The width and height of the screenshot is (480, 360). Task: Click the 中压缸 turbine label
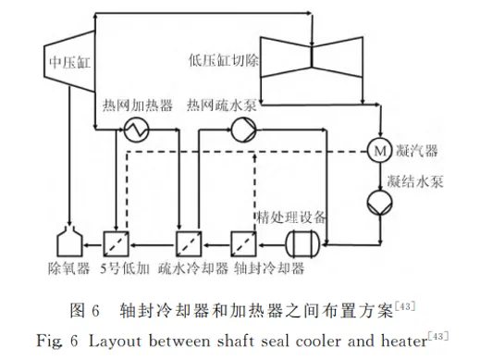click(x=70, y=63)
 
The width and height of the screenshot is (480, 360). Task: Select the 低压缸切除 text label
click(x=224, y=60)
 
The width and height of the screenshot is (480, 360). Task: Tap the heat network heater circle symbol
click(x=136, y=130)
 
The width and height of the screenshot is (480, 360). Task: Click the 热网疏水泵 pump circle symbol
click(x=243, y=130)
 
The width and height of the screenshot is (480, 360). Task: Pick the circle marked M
click(x=379, y=151)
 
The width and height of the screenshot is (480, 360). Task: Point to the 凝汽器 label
click(x=416, y=151)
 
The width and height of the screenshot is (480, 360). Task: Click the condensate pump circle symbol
click(x=380, y=203)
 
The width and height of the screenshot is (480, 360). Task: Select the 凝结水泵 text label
click(x=415, y=181)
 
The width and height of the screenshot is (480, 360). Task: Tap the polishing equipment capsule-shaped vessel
click(x=303, y=244)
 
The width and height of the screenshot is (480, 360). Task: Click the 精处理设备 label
click(x=291, y=217)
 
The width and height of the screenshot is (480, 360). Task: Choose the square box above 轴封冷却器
click(x=243, y=244)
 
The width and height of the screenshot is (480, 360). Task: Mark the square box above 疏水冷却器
click(x=189, y=244)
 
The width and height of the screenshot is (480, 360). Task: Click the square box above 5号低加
click(x=116, y=244)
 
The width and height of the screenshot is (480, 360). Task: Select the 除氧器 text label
click(x=69, y=268)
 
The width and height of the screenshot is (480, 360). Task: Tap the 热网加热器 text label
click(x=138, y=106)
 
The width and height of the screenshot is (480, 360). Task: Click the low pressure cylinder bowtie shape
click(x=312, y=56)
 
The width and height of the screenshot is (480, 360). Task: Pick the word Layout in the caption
click(x=116, y=341)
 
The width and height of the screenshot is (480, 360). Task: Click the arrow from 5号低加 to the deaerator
click(x=93, y=245)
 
